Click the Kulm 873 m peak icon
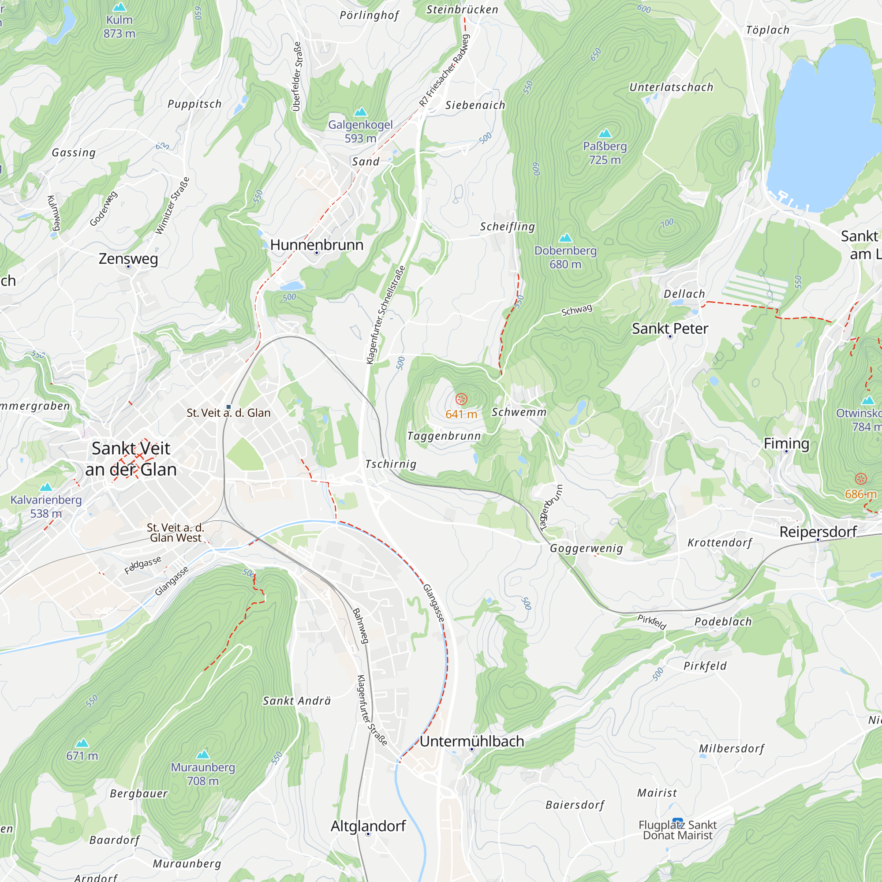119,7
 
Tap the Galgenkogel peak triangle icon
361,112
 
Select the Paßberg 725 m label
605,153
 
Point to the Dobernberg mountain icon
565,238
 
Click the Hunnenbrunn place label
316,245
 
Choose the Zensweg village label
128,259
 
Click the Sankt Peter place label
670,329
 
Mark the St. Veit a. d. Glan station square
229,407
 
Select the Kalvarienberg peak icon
46,487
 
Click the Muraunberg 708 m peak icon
203,754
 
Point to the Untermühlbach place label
471,741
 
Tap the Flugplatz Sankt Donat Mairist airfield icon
677,820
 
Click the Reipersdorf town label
818,532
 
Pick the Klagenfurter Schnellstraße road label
386,315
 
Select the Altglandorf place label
368,826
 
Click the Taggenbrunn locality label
444,436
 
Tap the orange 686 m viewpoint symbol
860,479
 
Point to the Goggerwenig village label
586,548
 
